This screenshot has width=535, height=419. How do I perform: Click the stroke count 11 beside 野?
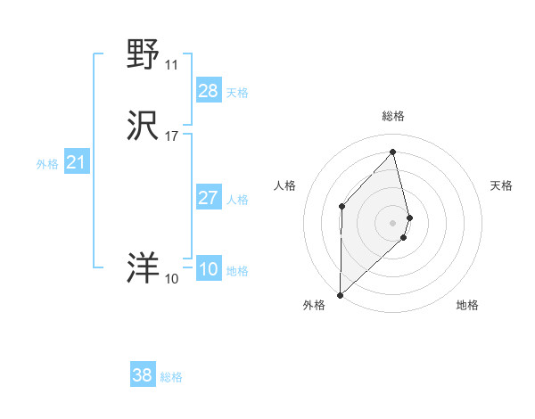click(171, 64)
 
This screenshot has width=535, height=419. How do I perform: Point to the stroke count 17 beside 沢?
click(171, 136)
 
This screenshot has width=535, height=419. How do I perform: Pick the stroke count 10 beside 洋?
click(171, 278)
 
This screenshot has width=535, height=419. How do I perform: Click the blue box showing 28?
click(209, 91)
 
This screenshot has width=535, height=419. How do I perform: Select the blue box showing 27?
click(209, 198)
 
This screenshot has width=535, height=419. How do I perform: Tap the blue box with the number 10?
click(209, 269)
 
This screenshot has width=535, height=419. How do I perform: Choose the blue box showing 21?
click(77, 162)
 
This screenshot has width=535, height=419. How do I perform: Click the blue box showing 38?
click(143, 375)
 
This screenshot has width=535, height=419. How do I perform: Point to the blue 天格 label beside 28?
click(237, 92)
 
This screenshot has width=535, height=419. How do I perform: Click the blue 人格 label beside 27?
click(237, 199)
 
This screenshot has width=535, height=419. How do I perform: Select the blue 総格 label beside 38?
click(171, 376)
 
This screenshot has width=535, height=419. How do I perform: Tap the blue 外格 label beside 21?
click(47, 163)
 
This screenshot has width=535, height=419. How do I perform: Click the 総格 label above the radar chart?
click(393, 116)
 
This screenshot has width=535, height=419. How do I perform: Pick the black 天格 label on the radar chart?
click(502, 185)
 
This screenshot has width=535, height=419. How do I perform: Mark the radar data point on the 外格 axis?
click(340, 294)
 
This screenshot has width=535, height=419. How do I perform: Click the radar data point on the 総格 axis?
click(393, 152)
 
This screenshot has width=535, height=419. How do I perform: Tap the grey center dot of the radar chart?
click(393, 221)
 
